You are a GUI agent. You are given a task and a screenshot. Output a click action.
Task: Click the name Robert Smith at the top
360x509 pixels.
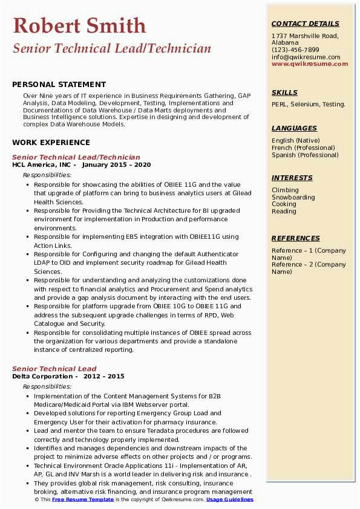(79, 25)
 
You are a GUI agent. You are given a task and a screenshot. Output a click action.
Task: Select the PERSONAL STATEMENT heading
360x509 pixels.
(59, 85)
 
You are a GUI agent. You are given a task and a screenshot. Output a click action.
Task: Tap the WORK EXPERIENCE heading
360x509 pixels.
(51, 143)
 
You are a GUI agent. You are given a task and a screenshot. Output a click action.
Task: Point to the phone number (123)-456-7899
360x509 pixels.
(295, 50)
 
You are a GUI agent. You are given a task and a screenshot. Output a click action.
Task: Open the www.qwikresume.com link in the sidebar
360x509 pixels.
(310, 63)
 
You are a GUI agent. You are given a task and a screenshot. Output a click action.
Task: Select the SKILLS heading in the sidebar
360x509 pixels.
(284, 92)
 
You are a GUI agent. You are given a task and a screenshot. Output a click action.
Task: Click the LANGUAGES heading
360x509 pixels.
(294, 128)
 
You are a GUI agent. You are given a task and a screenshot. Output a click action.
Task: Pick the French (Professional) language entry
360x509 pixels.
(303, 148)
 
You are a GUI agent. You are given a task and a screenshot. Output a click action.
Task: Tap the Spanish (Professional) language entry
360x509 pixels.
(305, 155)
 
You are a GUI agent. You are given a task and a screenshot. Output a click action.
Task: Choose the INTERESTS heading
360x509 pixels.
(292, 178)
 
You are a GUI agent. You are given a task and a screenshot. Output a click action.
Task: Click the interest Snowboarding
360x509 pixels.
(293, 197)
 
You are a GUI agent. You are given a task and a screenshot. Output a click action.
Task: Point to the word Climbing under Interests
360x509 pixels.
(285, 190)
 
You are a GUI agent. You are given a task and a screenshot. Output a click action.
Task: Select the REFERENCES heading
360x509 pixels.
(295, 238)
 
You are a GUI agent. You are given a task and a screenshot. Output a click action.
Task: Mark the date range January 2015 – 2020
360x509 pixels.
(116, 164)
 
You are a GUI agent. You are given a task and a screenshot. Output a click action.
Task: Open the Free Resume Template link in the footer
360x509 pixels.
(83, 500)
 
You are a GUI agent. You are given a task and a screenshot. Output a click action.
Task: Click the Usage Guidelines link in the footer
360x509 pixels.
(230, 500)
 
